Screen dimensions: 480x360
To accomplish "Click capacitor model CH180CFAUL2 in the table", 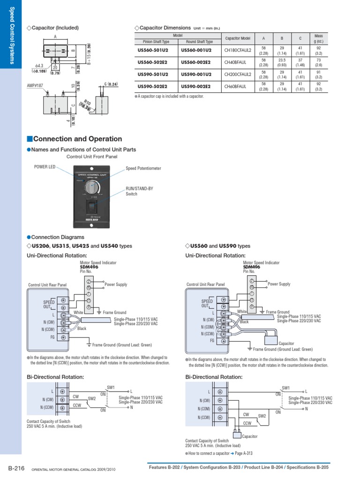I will (x=238, y=50).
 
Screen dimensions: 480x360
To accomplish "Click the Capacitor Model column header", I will (x=238, y=38).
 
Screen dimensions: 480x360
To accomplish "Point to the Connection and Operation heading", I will (x=77, y=139).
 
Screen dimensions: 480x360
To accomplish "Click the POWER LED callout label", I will (x=45, y=166).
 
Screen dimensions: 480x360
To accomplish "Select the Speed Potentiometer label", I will (x=143, y=168).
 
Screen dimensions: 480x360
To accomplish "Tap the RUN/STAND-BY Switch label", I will (x=139, y=191).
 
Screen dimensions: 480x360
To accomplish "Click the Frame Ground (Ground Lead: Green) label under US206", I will (x=122, y=345).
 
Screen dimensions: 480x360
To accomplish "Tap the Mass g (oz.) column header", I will (x=319, y=38).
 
